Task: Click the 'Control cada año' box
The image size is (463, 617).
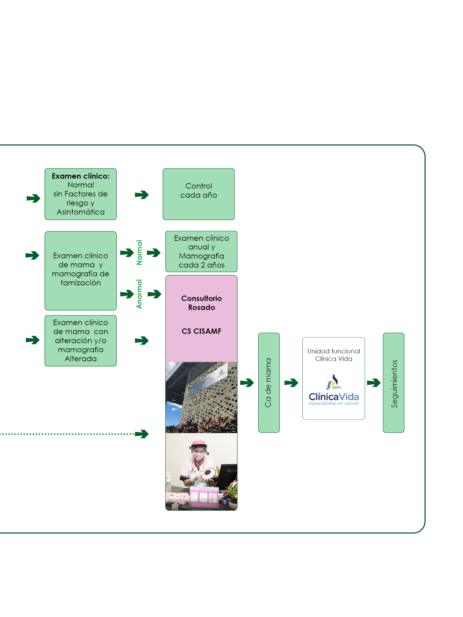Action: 199,194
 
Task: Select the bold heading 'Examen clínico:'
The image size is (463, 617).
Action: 80,176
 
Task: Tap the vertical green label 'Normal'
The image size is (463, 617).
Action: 139,252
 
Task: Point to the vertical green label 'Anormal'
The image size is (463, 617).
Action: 139,294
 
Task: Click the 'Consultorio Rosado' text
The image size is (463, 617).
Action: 201,303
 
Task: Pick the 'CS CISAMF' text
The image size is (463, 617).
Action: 201,331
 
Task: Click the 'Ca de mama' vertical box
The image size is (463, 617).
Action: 269,383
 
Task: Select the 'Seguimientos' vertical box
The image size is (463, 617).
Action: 393,383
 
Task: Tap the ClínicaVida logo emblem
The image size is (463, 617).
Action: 333,382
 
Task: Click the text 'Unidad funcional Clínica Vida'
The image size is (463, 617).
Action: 334,355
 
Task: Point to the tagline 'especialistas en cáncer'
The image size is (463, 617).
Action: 334,403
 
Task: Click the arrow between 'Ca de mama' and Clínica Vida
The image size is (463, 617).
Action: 291,383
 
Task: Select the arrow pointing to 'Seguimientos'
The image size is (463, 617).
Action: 374,383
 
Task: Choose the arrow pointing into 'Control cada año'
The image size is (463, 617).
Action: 142,195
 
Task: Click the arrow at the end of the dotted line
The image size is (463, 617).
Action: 142,434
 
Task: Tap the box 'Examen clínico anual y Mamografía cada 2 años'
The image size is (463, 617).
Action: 201,252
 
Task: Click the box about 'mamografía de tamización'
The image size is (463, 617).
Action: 80,271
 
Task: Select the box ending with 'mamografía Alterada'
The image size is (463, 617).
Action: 80,341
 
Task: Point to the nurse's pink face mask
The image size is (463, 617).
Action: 199,456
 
